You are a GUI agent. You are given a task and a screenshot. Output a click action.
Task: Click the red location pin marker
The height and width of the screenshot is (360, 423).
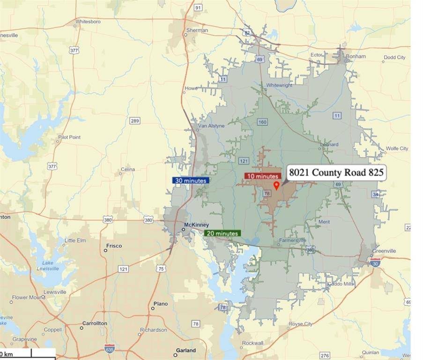pos(276,185)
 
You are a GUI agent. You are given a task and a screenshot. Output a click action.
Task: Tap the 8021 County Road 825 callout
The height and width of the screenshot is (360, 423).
pos(336,172)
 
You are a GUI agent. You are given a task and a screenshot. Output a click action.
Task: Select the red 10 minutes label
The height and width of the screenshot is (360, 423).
pos(262,176)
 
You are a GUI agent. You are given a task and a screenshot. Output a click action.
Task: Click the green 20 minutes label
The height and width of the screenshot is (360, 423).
pos(222,233)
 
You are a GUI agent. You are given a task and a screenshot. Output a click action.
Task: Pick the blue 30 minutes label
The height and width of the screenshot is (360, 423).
pos(190,180)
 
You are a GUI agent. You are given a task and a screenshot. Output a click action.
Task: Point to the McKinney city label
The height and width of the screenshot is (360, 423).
pos(196,225)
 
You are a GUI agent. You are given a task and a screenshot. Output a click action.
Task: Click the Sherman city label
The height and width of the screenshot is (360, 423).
pos(197,30)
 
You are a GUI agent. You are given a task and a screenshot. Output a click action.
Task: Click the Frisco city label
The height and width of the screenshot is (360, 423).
pos(114,246)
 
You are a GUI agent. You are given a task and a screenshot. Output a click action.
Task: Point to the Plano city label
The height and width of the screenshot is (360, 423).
pos(160,304)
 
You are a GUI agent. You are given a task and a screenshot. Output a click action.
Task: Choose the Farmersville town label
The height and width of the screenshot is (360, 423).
pos(292,240)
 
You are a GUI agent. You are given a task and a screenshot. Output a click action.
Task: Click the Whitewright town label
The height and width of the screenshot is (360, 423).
pos(279,85)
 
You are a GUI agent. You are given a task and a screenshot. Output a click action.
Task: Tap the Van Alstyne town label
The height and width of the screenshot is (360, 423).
pos(211,126)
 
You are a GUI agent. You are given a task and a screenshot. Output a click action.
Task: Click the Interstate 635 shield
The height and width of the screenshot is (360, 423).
pos(110,348)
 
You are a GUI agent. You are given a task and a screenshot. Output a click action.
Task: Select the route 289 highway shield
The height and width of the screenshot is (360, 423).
pos(135,121)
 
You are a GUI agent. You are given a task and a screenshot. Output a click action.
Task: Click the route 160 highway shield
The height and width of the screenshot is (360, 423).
pos(262,122)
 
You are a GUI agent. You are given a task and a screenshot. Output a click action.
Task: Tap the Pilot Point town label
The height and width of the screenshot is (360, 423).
pos(69,137)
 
